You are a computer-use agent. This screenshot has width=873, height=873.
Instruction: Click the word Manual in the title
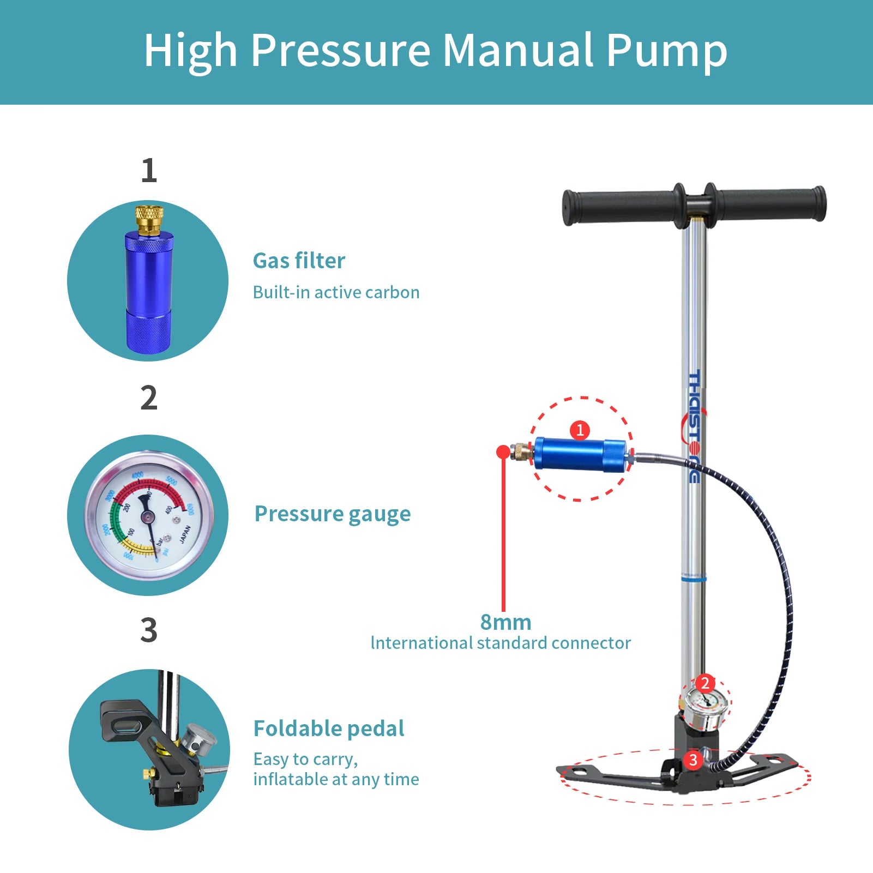[517, 50]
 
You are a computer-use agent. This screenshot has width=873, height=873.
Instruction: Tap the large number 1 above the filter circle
[148, 171]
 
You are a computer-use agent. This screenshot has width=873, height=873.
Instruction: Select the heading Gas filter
[299, 261]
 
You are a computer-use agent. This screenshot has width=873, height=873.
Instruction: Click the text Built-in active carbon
[336, 293]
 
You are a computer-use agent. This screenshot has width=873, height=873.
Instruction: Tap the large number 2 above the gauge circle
[148, 398]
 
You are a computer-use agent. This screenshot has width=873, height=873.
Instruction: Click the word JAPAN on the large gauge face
[185, 534]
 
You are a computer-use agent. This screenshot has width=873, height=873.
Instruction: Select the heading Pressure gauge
[333, 514]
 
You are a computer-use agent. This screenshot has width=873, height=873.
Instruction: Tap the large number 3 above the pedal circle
[148, 630]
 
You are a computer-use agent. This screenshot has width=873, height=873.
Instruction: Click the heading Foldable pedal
[329, 729]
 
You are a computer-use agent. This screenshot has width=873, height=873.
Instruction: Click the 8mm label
[505, 622]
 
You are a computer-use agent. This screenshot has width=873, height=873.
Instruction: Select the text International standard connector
[501, 643]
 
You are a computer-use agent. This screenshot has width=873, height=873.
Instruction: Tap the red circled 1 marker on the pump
[580, 430]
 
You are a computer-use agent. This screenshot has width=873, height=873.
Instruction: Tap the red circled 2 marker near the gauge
[705, 683]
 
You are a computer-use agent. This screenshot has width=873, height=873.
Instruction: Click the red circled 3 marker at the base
[693, 760]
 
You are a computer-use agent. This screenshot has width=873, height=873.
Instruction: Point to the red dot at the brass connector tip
[503, 451]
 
